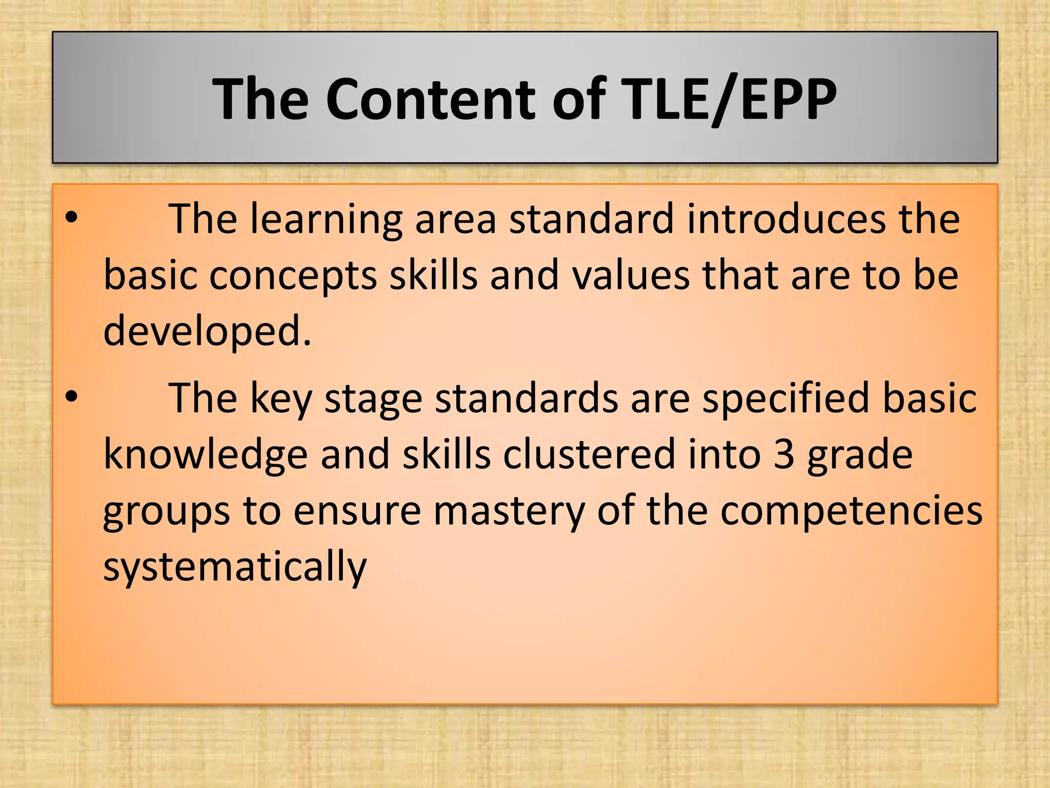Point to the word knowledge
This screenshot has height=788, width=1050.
(x=205, y=456)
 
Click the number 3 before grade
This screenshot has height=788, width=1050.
(x=783, y=455)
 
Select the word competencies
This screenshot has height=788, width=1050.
(x=851, y=512)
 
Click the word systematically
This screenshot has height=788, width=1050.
(x=235, y=567)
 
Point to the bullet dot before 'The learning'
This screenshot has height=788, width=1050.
(x=71, y=219)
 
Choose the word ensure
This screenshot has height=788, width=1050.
(x=357, y=512)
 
